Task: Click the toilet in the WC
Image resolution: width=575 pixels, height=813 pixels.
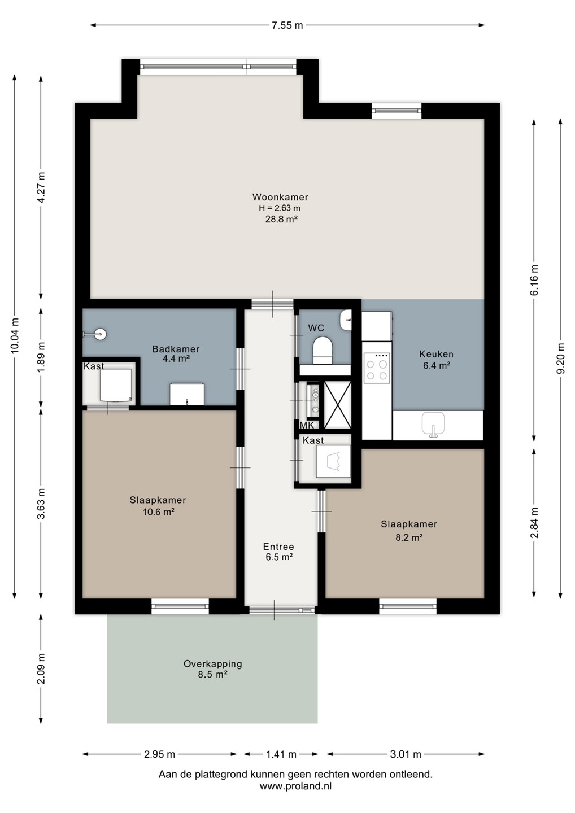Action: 323,350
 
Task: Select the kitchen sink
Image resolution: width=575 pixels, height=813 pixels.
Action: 433,424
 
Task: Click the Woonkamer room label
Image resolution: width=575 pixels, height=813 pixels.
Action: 280,197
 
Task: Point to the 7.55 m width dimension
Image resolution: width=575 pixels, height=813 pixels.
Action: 287,25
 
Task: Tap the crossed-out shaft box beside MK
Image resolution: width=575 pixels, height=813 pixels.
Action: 337,405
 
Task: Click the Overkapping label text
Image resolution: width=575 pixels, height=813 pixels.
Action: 212,664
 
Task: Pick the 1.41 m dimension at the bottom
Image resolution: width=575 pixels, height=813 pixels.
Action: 281,754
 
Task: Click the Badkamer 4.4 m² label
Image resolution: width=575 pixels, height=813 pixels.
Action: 176,354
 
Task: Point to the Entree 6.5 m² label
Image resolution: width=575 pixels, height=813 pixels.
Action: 279,552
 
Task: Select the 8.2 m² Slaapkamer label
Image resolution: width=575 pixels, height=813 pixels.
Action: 409,531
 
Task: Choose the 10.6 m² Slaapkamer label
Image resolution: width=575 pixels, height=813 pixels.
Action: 158,506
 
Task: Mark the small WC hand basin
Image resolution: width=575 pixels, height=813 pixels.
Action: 345,320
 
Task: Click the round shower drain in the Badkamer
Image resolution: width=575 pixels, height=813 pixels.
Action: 101,334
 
